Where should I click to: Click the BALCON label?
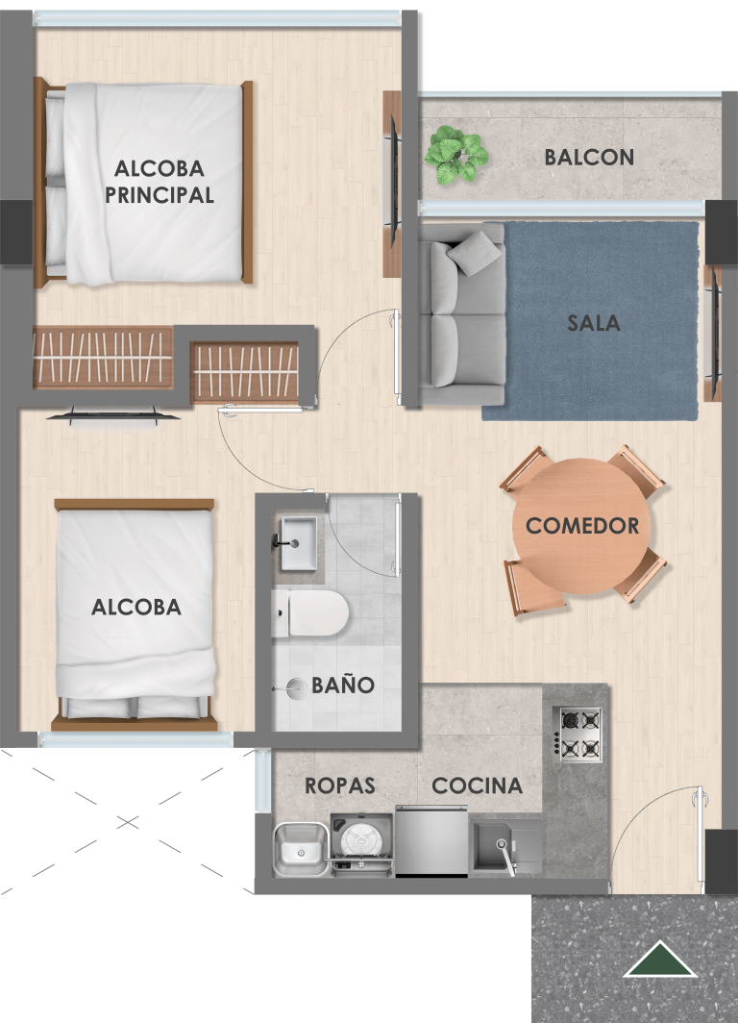[589, 158]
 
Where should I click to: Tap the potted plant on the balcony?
[455, 155]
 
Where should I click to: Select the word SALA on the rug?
[593, 322]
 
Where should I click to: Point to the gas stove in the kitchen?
[578, 733]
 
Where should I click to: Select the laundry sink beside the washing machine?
[301, 848]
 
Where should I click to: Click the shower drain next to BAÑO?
[297, 688]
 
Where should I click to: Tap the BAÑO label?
[343, 685]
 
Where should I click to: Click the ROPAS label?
[339, 786]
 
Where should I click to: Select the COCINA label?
[478, 786]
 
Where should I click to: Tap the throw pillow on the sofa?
[474, 253]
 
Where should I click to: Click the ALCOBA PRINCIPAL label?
[160, 182]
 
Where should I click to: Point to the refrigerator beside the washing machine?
[430, 841]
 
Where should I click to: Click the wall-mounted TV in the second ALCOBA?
[112, 415]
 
